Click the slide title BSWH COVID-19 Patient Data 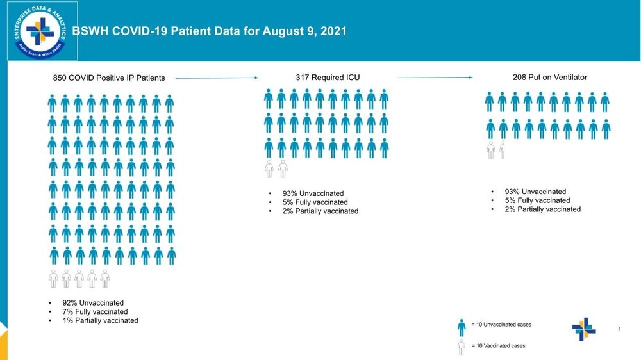click(210, 31)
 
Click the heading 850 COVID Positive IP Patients click(108, 78)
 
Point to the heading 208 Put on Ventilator click(550, 78)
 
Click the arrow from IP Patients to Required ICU click(216, 78)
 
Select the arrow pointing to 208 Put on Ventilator click(435, 78)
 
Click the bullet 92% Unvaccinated click(92, 303)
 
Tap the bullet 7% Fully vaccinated click(95, 312)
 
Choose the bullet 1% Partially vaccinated click(99, 320)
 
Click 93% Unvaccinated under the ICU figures click(313, 193)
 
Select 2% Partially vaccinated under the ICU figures click(320, 211)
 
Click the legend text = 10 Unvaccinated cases click(501, 325)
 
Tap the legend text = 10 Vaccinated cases click(498, 346)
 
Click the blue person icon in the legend click(462, 327)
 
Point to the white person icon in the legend click(462, 347)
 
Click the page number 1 click(620, 329)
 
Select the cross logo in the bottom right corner click(584, 329)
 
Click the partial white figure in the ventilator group click(503, 151)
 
